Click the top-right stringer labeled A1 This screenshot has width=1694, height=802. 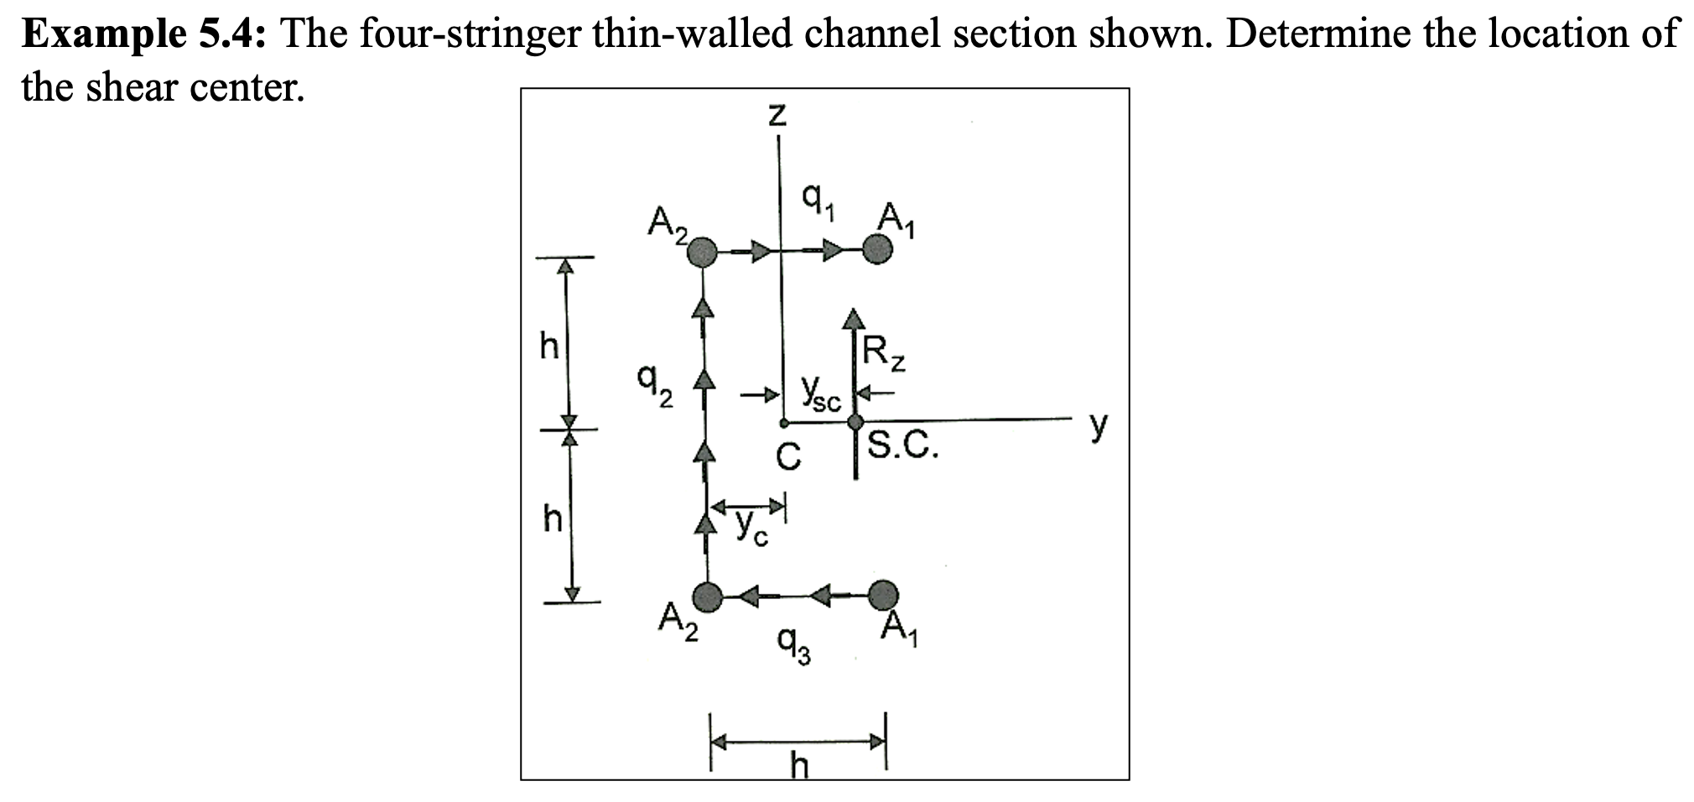coord(877,249)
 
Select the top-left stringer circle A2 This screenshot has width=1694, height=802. coord(703,252)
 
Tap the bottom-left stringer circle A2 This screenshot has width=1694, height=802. coord(709,596)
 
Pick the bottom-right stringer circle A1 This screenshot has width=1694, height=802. coord(881,595)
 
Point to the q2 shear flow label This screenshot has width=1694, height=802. coord(654,387)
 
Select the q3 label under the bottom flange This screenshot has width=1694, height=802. coord(793,646)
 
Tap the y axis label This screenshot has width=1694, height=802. coord(1099,426)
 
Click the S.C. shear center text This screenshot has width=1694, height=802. coord(902,445)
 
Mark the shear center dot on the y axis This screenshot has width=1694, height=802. coord(855,421)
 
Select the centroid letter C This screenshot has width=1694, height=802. coord(787,457)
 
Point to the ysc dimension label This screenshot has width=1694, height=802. coord(819,394)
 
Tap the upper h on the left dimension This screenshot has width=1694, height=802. coord(548,346)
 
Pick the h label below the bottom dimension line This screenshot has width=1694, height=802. coord(800,765)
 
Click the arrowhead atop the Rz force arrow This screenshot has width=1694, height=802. coord(854,318)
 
